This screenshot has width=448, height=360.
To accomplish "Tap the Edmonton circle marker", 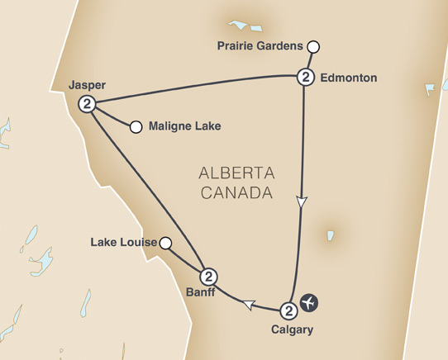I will pos(305,78).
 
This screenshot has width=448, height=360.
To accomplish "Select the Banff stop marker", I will pos(208,277).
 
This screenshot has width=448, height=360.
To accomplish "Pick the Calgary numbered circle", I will pos(288,310).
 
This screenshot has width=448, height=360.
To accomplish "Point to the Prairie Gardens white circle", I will pos(312,47).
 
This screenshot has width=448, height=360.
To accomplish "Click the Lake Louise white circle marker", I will pos(165,243).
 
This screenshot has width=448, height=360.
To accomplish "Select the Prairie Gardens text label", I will pos(260,46).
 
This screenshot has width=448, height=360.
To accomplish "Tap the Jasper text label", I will pos(88,84).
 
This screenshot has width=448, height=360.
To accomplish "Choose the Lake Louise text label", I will pos(125,244).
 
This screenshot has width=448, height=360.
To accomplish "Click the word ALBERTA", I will pos(236,173).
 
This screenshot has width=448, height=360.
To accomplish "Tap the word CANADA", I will pos(236,195).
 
